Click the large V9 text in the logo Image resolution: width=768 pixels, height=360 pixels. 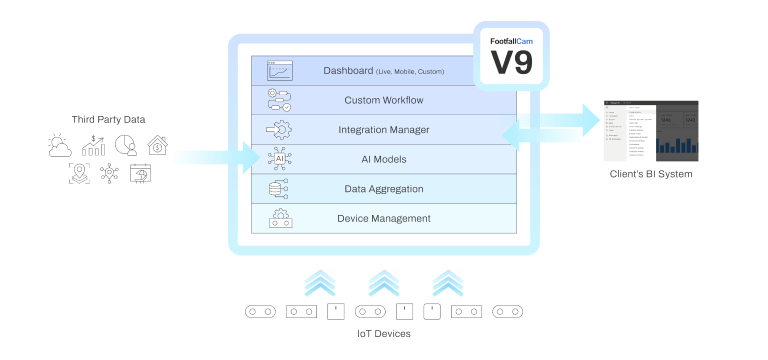tap(512, 63)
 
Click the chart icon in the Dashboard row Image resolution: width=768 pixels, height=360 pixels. tap(279, 71)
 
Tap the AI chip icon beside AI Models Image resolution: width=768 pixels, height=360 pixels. tap(279, 159)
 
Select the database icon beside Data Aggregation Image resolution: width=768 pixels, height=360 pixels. tap(279, 189)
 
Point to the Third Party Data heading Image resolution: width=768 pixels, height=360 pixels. tap(109, 120)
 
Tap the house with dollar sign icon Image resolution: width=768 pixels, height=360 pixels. tap(157, 146)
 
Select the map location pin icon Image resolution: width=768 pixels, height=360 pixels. tap(78, 175)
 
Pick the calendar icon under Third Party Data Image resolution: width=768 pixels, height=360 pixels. tap(140, 175)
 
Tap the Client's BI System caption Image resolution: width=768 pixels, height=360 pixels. tap(651, 175)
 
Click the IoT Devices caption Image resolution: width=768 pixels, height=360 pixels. tap(384, 334)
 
